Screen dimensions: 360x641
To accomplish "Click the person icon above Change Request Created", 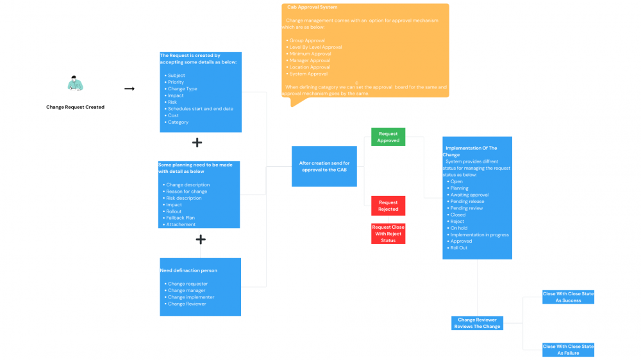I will pos(76,84).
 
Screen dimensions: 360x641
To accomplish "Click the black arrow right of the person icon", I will pos(129,89).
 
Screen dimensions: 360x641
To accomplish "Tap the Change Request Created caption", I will pos(75,107).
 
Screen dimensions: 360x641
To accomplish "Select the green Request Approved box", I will pos(388,137).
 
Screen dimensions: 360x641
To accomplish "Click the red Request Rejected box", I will pos(388,206).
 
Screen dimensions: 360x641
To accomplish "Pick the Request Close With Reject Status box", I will pos(388,234).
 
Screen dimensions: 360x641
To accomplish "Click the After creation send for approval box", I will pos(324,167).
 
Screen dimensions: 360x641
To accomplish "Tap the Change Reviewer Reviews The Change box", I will pos(478,323).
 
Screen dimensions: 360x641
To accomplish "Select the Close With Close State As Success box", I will pos(568,297).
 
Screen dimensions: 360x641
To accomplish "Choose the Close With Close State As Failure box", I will pos(568,349).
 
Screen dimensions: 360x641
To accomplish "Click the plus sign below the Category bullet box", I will pos(197,142).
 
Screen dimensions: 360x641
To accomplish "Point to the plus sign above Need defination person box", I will pos(201,240).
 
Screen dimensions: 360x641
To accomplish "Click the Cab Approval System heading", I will pos(312,8).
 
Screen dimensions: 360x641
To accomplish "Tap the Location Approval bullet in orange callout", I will pos(310,67).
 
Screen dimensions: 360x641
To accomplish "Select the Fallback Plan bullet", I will pos(180,218).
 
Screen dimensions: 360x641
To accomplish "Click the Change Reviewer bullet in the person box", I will pos(187,304).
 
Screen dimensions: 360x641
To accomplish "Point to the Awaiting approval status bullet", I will pos(469,195).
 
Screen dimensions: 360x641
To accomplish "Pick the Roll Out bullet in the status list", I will pos(458,248).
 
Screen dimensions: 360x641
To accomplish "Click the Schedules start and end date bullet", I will pos(200,109).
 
